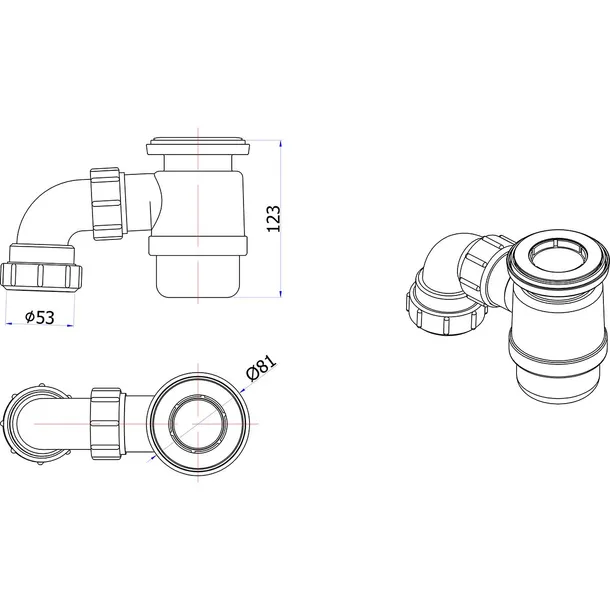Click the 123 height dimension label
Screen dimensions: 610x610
pyautogui.click(x=273, y=219)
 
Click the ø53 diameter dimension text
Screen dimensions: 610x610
pyautogui.click(x=40, y=317)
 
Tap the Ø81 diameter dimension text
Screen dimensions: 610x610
pyautogui.click(x=261, y=367)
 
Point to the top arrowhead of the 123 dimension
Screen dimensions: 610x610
pyautogui.click(x=280, y=144)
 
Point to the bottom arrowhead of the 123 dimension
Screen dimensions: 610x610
pyautogui.click(x=280, y=293)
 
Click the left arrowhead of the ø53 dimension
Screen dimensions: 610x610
pyautogui.click(x=9, y=323)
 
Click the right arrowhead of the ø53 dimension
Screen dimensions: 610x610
pyautogui.click(x=70, y=325)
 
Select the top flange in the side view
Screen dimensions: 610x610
pyautogui.click(x=198, y=146)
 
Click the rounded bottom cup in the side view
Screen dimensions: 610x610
pyautogui.click(x=198, y=277)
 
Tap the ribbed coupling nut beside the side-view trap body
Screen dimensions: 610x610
pyautogui.click(x=107, y=204)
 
